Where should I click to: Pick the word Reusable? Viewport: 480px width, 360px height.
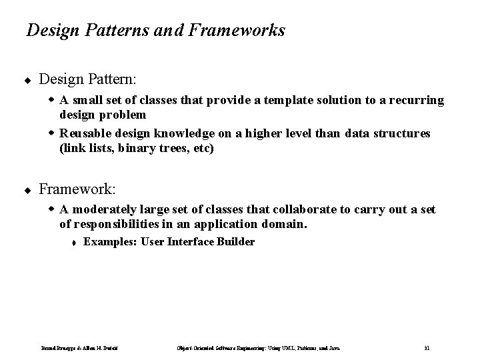(x=85, y=134)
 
